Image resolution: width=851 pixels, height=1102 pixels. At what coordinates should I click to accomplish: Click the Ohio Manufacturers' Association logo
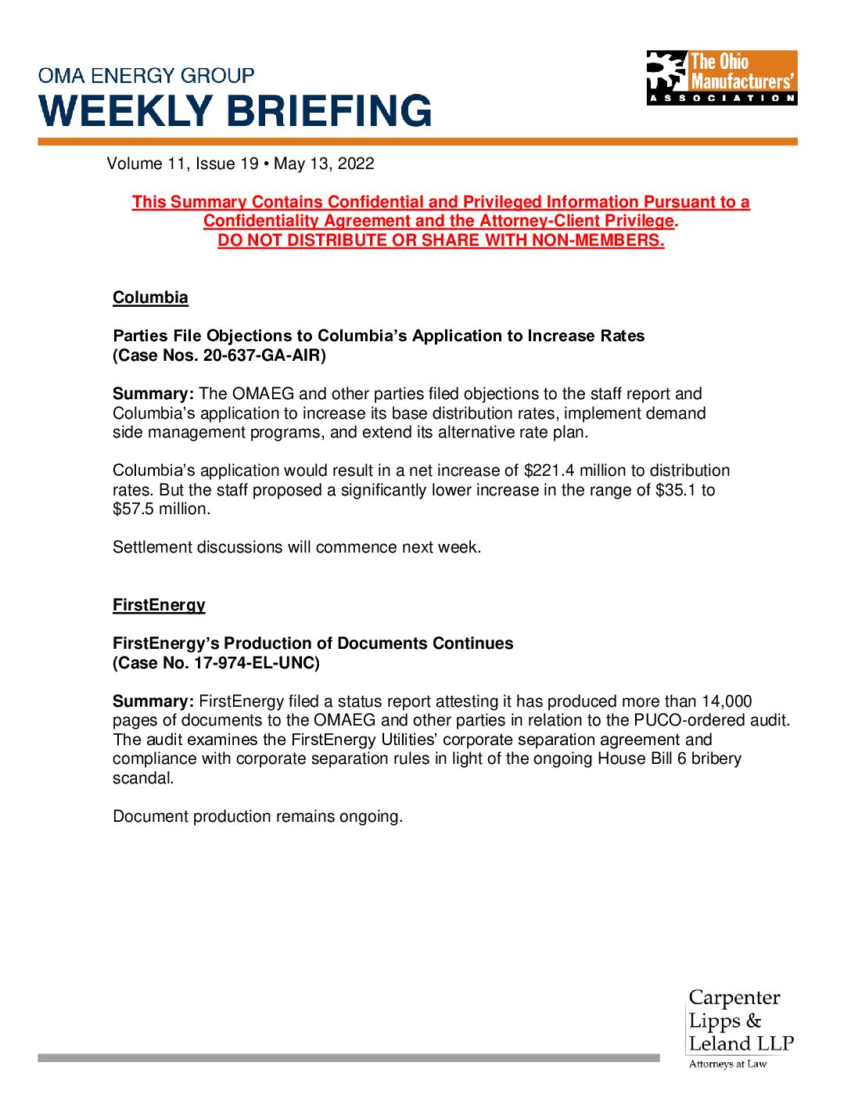(x=721, y=77)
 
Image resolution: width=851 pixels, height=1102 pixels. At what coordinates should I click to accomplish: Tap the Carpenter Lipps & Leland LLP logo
(x=740, y=1028)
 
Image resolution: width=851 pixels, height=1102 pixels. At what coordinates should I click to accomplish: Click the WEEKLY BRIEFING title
(x=235, y=111)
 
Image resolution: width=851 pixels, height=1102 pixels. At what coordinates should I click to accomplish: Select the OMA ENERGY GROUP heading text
(x=146, y=76)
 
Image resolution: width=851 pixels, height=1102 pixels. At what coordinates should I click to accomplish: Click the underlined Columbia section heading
(x=150, y=297)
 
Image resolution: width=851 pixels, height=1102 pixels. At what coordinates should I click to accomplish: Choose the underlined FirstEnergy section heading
(x=159, y=605)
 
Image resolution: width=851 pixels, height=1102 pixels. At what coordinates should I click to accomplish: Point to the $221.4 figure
(x=549, y=470)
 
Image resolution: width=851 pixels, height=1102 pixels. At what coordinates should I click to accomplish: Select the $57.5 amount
(x=134, y=509)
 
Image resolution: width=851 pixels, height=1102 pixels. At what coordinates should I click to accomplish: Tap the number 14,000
(x=727, y=701)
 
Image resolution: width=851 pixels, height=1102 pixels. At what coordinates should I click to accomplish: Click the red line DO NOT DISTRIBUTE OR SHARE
(x=440, y=240)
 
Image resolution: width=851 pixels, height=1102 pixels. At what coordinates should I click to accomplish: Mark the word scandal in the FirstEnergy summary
(x=143, y=778)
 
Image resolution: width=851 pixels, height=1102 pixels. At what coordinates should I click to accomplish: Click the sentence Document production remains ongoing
(x=257, y=816)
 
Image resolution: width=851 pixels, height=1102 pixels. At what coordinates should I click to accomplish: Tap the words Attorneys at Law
(x=727, y=1064)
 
